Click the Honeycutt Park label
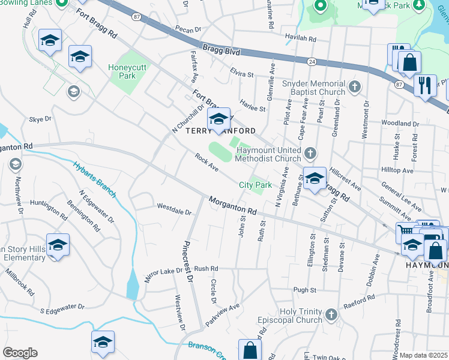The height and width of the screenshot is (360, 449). tap(122, 71)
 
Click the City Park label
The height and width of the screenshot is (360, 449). tap(256, 185)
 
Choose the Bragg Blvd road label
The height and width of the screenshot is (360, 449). tap(221, 52)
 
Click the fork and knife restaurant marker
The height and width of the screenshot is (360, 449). tap(426, 85)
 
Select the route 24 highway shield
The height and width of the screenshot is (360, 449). tap(312, 61)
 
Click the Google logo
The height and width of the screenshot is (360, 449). tap(20, 353)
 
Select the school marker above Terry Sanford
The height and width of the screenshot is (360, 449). tap(219, 117)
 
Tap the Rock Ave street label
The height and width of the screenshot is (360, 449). tap(206, 161)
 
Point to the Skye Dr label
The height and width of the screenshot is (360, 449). tap(41, 120)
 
